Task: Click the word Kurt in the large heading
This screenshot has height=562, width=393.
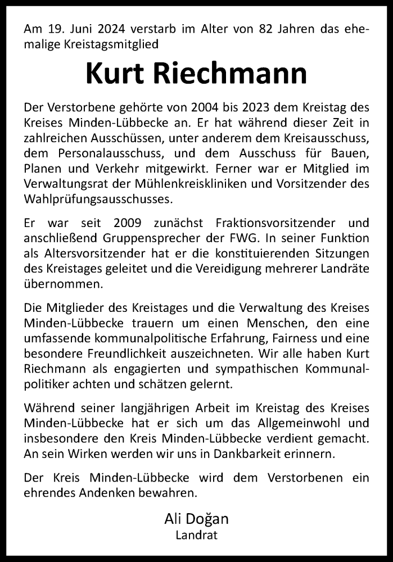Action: pyautogui.click(x=116, y=74)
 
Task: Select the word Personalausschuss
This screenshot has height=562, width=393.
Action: pyautogui.click(x=96, y=151)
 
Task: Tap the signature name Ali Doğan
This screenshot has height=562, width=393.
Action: pyautogui.click(x=196, y=520)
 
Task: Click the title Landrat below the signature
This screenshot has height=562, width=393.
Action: pyautogui.click(x=196, y=536)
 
